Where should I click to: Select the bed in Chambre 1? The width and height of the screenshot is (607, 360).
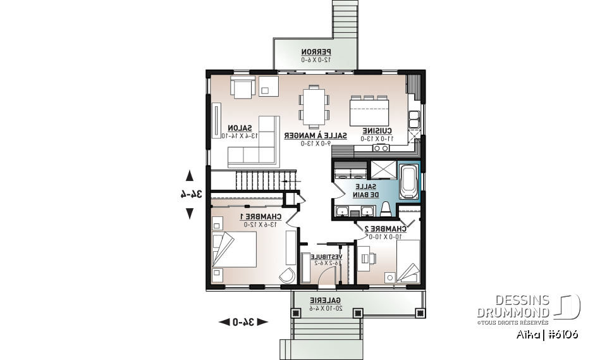coord(237,252)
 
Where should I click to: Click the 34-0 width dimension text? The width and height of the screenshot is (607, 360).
coord(243,322)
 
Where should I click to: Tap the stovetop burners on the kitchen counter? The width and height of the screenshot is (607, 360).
coord(382,148)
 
